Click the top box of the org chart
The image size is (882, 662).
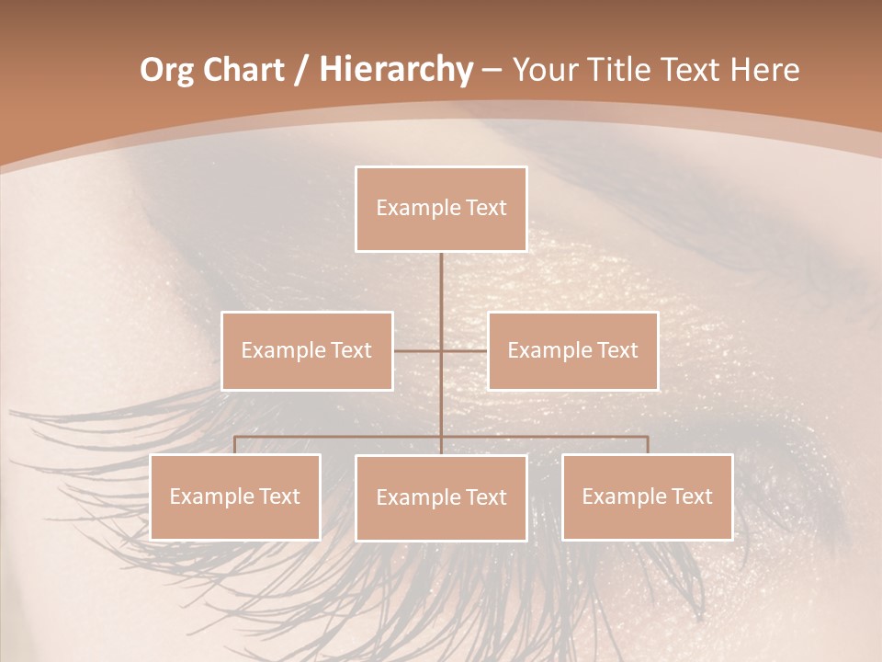(x=441, y=209)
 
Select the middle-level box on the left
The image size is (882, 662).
(x=307, y=350)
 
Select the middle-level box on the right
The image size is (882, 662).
(x=572, y=350)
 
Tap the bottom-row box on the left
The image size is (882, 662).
(x=235, y=496)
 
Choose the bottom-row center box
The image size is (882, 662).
(x=441, y=497)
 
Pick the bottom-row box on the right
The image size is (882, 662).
(x=647, y=496)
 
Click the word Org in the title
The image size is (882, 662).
(x=166, y=70)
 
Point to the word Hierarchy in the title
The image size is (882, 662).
(x=395, y=70)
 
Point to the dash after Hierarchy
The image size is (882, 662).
(x=492, y=71)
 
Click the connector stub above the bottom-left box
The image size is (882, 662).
(x=235, y=445)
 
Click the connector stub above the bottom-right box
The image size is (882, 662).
(x=647, y=445)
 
